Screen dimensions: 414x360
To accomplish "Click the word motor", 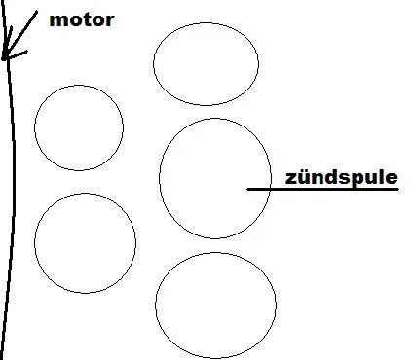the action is click(x=82, y=20).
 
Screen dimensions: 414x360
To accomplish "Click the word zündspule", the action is click(x=342, y=178).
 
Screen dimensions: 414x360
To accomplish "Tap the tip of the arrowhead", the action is click(x=3, y=59).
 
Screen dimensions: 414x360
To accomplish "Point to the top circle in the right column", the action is click(x=206, y=22).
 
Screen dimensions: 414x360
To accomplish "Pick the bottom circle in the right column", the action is click(x=215, y=253).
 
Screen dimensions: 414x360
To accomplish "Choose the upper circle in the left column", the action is click(x=79, y=86).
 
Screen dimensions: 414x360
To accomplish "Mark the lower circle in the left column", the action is click(x=85, y=194).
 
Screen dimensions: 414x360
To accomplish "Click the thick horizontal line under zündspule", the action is click(x=322, y=189).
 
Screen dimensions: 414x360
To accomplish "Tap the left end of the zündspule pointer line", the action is click(x=247, y=189).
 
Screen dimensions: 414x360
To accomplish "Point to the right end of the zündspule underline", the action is click(x=398, y=189).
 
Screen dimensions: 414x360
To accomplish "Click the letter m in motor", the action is click(x=57, y=21).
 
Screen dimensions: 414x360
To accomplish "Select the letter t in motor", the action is click(x=87, y=20).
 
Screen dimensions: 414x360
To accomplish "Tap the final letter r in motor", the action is click(x=110, y=21).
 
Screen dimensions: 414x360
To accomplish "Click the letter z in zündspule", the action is click(x=291, y=179).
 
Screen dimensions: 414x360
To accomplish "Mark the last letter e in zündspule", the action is click(x=392, y=179).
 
